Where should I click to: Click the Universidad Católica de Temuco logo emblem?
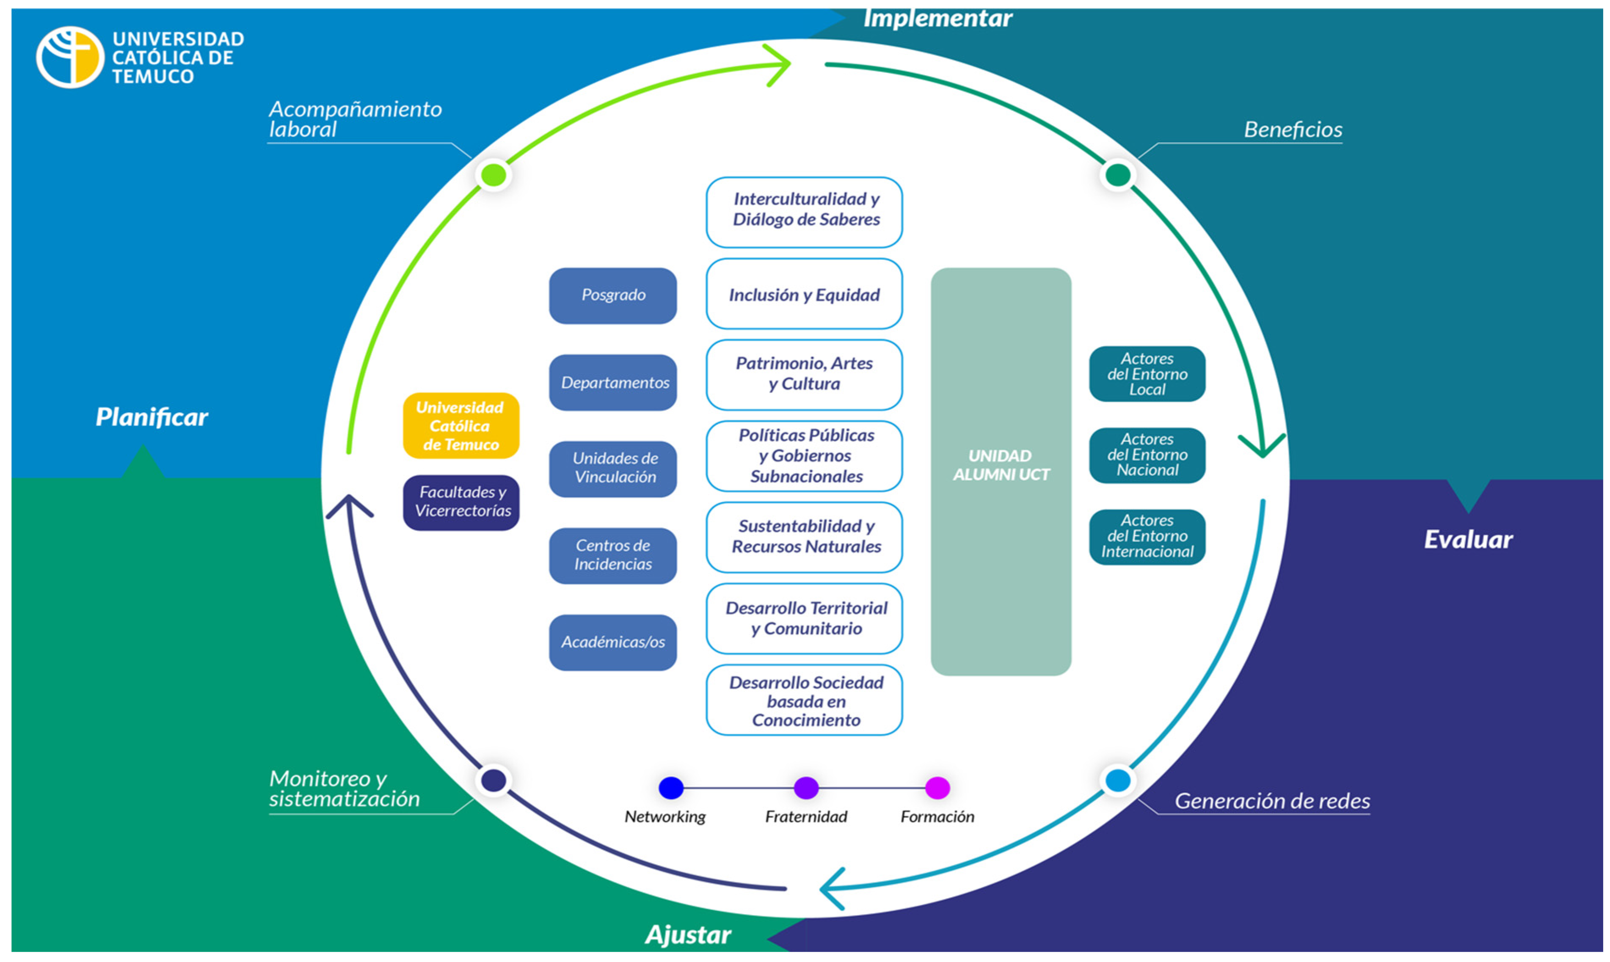[70, 57]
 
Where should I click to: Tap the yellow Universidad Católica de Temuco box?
[461, 426]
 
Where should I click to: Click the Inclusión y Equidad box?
[804, 294]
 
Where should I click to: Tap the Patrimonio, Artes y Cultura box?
[804, 375]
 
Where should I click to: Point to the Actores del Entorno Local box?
[1147, 374]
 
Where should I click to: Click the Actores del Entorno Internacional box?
[1147, 537]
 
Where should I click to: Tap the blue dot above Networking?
[671, 788]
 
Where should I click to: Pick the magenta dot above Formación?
[937, 788]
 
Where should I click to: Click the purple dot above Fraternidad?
[806, 788]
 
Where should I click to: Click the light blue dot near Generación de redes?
[1117, 780]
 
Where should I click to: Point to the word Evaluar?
[1468, 539]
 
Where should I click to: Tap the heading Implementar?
[937, 18]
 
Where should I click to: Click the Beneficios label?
[1293, 130]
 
